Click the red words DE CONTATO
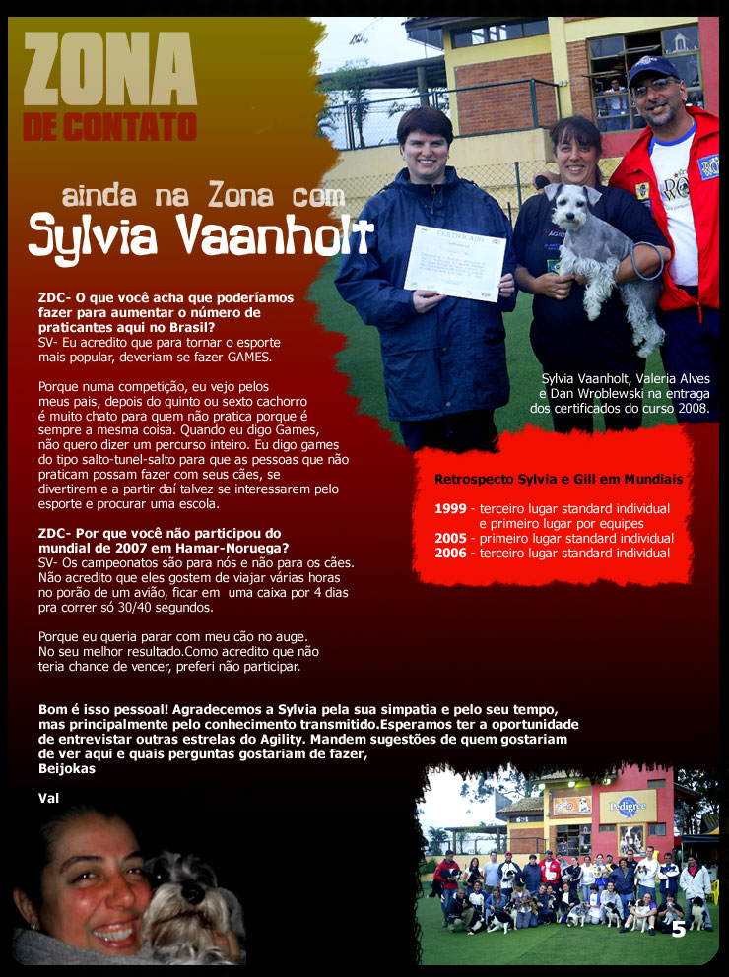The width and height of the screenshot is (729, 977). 109,126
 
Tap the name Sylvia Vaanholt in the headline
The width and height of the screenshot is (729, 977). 201,234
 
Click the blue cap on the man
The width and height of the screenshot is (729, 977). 653,70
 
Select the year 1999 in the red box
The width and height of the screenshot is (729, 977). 450,509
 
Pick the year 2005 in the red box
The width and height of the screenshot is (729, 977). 450,539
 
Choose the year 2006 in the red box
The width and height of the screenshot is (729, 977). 450,554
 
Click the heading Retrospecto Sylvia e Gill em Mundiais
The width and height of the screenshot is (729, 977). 559,480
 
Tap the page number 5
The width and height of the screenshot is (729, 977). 678,929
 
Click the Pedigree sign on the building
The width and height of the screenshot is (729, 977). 628,805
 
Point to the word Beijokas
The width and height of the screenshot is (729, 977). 67,768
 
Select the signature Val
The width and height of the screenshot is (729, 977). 48,798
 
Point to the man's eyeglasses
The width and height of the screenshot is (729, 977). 654,88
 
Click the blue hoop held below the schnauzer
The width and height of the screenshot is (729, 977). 647,263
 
